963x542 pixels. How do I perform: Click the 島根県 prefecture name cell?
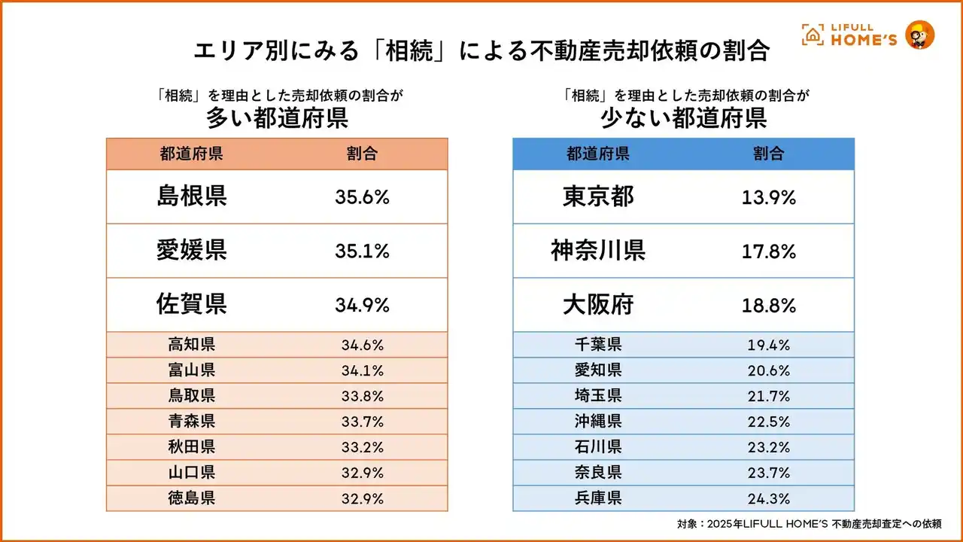192,196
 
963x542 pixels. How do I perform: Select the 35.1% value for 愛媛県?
362,251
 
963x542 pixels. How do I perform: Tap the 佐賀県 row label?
192,305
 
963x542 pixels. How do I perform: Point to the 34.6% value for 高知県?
362,346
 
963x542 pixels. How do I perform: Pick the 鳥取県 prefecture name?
192,396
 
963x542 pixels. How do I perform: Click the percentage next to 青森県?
362,422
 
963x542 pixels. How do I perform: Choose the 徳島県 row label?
192,498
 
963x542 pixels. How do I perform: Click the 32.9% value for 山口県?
362,473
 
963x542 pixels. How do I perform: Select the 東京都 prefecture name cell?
598,196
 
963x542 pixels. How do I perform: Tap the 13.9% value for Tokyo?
769,197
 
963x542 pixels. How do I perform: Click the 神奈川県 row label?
598,251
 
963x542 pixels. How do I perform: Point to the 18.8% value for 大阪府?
769,306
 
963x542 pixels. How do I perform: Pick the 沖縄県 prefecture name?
598,422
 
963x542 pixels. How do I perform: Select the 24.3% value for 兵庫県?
769,498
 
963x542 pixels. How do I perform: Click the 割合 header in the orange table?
362,154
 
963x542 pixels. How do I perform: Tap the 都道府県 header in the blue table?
598,154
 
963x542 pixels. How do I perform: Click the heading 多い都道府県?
277,118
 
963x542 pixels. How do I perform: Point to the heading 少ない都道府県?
683,118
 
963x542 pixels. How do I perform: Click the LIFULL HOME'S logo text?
862,35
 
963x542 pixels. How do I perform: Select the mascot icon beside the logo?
920,35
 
